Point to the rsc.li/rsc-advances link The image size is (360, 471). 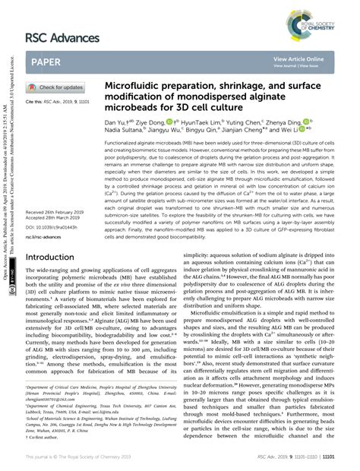(47, 237)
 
